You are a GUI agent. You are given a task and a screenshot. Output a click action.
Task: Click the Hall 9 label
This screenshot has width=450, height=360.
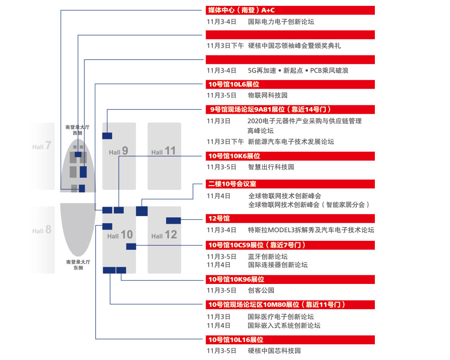[119, 151]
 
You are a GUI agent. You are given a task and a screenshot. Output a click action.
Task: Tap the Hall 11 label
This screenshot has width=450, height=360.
[163, 151]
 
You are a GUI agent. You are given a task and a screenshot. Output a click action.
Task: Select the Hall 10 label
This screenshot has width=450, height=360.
[120, 235]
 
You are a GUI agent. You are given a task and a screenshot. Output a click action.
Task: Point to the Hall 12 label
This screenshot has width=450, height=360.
[164, 235]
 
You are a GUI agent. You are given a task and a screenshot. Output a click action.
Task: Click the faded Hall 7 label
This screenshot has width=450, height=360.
[42, 146]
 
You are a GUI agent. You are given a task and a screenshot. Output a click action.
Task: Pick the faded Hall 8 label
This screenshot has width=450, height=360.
[42, 230]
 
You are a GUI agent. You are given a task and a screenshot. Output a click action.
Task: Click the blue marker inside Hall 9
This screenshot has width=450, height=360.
[107, 135]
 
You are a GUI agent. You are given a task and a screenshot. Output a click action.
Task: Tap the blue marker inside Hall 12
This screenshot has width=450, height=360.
[173, 220]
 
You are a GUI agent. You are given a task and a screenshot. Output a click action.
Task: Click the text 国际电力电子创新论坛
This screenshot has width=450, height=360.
[281, 21]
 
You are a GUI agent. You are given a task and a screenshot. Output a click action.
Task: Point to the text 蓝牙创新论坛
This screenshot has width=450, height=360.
[267, 256]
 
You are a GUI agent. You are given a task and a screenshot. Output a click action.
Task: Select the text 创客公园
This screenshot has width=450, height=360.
[261, 290]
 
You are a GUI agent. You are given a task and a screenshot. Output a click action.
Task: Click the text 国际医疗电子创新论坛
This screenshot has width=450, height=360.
[281, 317]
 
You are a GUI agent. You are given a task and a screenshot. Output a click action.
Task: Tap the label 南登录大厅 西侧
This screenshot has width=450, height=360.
[77, 130]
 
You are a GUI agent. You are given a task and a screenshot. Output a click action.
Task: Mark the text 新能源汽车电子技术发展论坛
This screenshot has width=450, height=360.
[291, 142]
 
